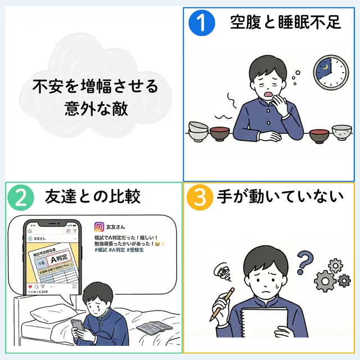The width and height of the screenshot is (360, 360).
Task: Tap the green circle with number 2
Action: pos(20,197)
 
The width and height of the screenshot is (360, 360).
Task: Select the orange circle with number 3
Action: pos(199,197)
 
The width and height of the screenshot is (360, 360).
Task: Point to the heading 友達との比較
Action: pos(92,197)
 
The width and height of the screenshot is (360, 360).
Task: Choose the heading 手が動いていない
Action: pos(279,197)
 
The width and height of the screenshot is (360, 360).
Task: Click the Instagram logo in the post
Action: pos(99,227)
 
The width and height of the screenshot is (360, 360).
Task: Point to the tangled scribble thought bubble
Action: pos(221,274)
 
